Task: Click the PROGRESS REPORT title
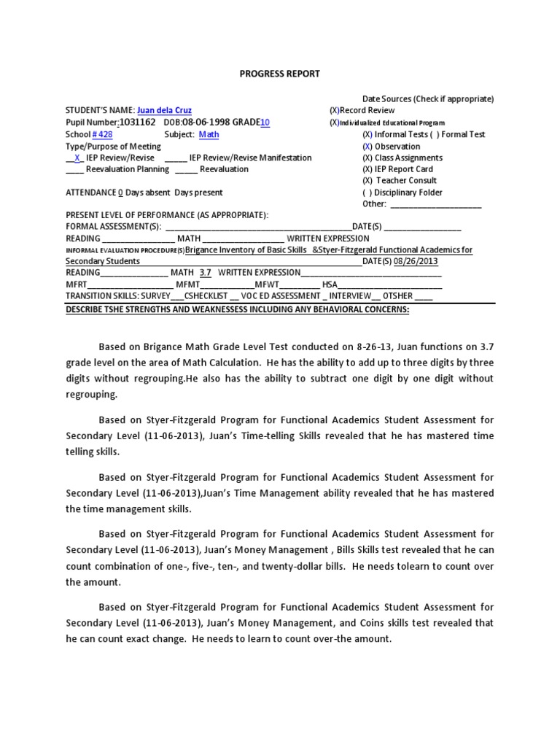[280, 74]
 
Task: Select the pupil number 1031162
[137, 123]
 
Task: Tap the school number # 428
[102, 134]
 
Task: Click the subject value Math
[209, 134]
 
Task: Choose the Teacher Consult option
[404, 181]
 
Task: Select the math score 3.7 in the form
[205, 273]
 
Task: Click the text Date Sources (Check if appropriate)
[428, 98]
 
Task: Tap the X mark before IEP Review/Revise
[77, 158]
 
